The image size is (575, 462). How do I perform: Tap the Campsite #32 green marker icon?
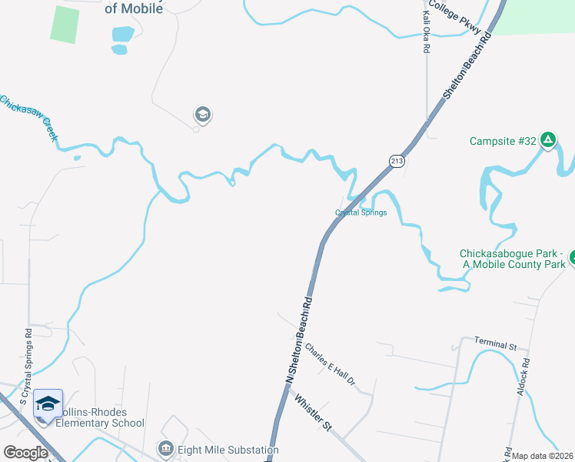548,140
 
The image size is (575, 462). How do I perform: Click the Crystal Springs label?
361,213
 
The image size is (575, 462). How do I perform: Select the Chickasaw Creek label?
28,117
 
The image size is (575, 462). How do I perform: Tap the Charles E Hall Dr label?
331,363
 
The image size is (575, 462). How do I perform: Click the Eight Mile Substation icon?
165,449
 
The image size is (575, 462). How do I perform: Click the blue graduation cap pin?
48,403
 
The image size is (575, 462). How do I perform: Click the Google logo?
25,453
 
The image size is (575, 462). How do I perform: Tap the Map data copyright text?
543,456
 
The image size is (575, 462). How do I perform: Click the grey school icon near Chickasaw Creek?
203,115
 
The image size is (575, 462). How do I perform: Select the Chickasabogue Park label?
511,259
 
